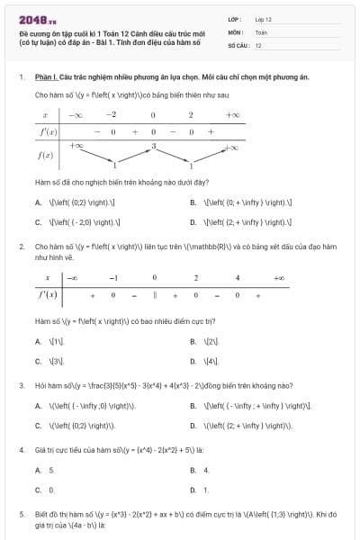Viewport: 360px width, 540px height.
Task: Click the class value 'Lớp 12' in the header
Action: (264, 18)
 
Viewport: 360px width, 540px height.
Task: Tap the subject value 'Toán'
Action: (261, 31)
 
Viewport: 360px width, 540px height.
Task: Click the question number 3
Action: (21, 384)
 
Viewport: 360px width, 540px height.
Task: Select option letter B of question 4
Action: (193, 470)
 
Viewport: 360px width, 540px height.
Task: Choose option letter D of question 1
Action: (193, 221)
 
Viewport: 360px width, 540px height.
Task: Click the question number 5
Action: (21, 514)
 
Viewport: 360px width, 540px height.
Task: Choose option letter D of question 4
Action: (193, 490)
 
